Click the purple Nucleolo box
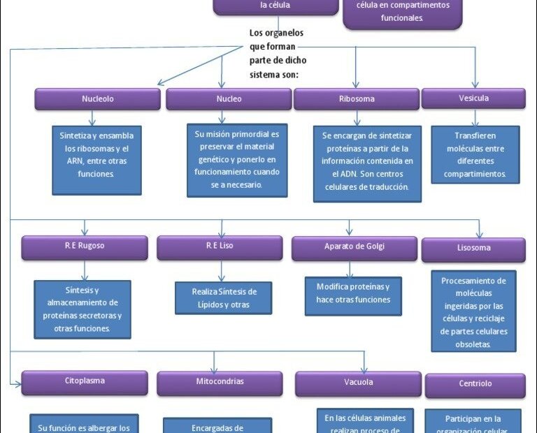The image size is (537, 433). (97, 99)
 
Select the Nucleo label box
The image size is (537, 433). (229, 99)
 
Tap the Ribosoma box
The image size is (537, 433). (357, 99)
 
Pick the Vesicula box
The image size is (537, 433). (473, 98)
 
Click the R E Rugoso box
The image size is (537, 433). (84, 247)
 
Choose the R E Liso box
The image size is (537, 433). (219, 247)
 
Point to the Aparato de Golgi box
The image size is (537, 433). (355, 248)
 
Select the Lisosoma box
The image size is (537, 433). (473, 249)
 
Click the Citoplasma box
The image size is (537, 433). (84, 382)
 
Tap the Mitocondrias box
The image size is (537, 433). (220, 383)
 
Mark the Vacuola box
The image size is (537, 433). (358, 383)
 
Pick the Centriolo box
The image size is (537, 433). (475, 385)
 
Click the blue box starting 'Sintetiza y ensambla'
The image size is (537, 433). (96, 160)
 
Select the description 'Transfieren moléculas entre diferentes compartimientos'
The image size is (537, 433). (475, 154)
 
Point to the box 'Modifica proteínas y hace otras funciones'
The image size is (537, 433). (352, 294)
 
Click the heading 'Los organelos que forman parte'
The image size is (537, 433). (277, 53)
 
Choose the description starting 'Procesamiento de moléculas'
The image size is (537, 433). (473, 311)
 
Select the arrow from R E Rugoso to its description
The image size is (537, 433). (84, 270)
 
